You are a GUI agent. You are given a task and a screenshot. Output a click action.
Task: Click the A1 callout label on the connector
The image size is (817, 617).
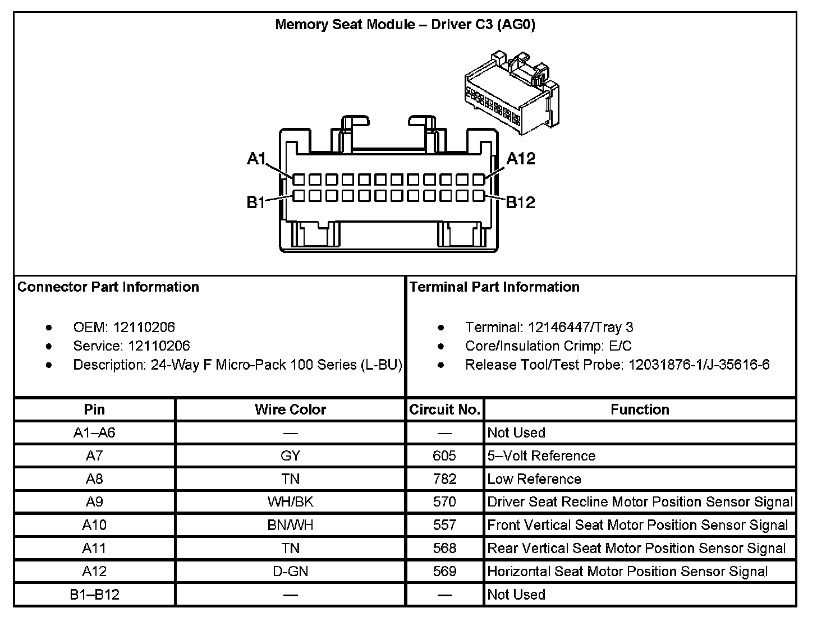256,159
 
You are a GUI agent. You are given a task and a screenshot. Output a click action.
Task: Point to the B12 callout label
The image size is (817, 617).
521,202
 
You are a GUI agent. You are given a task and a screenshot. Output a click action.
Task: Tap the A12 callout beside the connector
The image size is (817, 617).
521,159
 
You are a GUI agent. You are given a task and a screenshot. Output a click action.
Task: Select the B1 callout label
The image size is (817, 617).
256,202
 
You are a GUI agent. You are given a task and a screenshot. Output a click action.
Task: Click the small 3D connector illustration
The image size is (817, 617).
511,93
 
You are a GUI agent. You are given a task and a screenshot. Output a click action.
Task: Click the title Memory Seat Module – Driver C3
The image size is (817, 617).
405,25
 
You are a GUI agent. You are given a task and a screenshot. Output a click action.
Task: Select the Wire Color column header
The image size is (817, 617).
290,409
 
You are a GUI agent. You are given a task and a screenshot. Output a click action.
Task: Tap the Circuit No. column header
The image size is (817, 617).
444,409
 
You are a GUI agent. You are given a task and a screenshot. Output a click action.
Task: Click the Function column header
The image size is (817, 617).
640,409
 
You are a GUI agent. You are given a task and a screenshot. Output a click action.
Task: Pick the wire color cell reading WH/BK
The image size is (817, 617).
290,502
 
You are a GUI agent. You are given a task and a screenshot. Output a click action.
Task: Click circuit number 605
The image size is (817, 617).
444,456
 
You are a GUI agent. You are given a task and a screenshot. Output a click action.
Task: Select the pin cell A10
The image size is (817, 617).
94,525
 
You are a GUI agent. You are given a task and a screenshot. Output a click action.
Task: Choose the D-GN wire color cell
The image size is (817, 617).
290,572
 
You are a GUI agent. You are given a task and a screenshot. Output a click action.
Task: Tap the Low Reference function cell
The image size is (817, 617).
534,479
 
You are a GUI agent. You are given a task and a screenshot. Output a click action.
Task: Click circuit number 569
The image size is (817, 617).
444,572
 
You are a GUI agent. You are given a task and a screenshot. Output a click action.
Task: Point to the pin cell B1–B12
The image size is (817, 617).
94,595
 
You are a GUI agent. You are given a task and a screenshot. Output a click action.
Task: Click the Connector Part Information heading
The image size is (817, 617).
108,287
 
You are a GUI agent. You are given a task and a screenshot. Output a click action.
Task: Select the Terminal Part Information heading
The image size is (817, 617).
494,287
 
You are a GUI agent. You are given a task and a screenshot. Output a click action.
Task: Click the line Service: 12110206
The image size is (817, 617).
131,346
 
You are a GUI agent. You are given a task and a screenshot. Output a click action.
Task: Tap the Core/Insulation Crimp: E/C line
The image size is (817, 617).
548,346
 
